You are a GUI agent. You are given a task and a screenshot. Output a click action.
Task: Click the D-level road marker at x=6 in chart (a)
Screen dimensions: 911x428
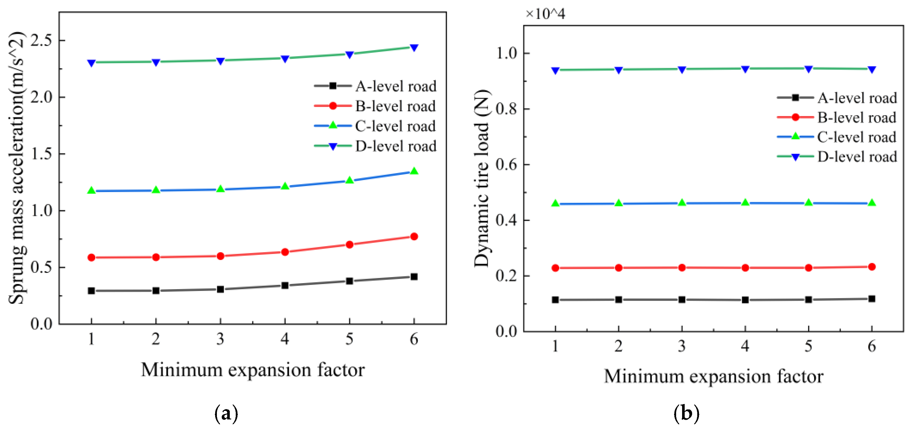pos(414,47)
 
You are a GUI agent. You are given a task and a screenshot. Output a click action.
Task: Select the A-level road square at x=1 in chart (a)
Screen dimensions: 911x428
pos(91,291)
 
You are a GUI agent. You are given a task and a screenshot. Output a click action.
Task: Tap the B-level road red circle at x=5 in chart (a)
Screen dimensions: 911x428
pos(349,244)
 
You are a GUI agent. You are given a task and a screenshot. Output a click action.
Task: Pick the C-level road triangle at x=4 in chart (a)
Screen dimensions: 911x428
pos(285,186)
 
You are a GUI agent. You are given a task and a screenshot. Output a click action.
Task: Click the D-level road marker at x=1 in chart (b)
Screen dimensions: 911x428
pos(555,70)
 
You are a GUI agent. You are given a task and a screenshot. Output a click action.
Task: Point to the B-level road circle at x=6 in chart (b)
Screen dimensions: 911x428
pos(872,267)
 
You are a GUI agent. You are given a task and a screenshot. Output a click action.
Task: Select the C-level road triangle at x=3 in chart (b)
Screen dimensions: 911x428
pos(682,202)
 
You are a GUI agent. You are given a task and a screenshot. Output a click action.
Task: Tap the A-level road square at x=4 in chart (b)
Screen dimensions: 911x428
pos(745,300)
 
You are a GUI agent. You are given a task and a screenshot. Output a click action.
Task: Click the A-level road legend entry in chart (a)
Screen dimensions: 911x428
pos(375,86)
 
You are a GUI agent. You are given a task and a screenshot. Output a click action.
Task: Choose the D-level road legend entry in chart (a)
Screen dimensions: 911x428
pos(375,146)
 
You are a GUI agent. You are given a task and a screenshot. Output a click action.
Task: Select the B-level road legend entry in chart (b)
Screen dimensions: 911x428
pos(837,117)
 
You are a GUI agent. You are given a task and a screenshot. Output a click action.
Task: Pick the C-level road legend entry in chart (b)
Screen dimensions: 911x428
pos(837,137)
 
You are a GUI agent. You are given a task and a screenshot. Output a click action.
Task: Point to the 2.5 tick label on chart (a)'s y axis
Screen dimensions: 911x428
pos(41,40)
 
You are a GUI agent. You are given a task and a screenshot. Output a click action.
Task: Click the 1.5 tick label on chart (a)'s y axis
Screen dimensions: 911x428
pos(41,154)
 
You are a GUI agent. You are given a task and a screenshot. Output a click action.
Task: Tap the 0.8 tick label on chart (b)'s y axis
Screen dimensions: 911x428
pos(506,109)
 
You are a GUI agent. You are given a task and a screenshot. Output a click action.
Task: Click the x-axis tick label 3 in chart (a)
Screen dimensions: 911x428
pos(220,339)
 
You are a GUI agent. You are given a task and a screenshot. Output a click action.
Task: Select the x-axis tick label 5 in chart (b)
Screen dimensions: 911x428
pos(808,346)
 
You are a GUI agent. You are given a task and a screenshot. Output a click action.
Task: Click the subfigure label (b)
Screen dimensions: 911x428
pos(686,413)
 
